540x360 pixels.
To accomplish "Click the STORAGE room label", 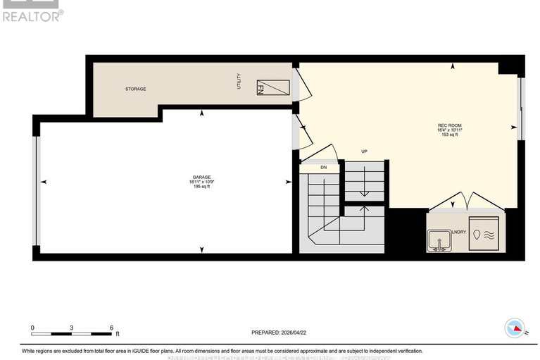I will (x=135, y=89).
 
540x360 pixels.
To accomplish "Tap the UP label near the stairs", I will (x=365, y=151).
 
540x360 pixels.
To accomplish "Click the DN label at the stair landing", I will (x=323, y=168).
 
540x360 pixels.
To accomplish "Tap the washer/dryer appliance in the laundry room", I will (x=486, y=235).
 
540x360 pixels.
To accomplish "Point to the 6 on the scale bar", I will (x=111, y=328).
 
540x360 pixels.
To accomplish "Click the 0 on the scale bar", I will (x=32, y=328).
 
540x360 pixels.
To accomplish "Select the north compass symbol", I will (x=515, y=328).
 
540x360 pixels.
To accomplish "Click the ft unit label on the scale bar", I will (x=118, y=334).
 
